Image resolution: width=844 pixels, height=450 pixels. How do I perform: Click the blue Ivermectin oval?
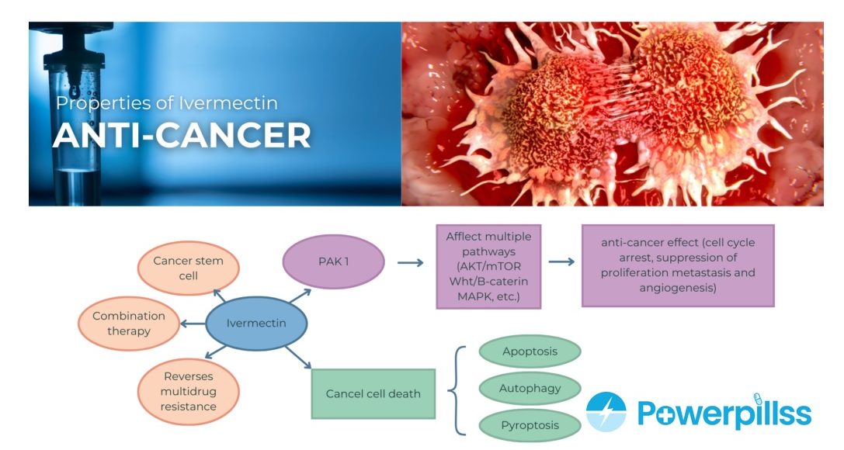(x=256, y=323)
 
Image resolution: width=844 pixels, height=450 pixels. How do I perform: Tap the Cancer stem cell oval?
(x=188, y=268)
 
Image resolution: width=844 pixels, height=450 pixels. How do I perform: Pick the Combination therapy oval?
(x=129, y=324)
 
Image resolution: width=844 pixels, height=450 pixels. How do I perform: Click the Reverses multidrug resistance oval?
(x=188, y=390)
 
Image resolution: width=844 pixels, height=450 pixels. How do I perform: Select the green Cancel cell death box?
(x=373, y=393)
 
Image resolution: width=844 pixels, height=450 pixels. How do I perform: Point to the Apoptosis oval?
(x=530, y=351)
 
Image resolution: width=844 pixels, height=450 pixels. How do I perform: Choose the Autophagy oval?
(x=530, y=388)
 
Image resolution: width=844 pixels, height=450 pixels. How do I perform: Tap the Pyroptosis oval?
(x=530, y=425)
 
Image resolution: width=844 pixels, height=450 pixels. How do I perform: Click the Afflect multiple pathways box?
(x=489, y=266)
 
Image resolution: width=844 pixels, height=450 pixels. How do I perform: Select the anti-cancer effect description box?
(x=678, y=265)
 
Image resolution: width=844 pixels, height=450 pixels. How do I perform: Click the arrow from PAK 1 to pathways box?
(x=410, y=263)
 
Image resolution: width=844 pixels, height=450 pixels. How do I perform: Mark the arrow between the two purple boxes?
(x=561, y=262)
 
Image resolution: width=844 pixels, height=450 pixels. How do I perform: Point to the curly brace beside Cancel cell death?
(x=459, y=388)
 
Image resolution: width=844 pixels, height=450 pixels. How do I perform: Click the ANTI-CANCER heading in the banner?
(x=182, y=136)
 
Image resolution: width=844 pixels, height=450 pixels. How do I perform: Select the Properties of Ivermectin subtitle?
(x=166, y=102)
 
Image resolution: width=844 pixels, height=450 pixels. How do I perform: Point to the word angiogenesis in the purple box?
(x=678, y=288)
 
